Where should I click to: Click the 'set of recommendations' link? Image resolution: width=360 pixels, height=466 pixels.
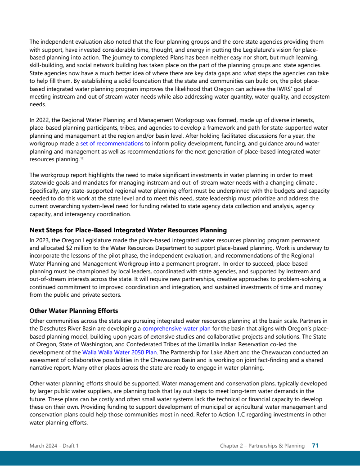112,144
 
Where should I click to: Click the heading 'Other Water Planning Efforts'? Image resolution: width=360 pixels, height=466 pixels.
74,311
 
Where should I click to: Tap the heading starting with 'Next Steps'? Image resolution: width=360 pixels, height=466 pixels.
128,230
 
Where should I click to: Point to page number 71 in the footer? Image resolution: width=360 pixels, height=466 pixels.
315,446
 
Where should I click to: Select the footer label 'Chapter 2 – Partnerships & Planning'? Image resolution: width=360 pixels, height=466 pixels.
262,446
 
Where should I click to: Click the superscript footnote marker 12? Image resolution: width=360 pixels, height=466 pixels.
82,159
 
